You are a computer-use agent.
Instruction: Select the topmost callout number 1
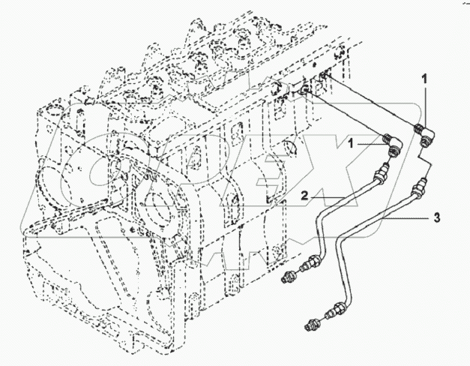(x=424, y=78)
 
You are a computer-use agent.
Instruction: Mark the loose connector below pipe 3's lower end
(x=314, y=322)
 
